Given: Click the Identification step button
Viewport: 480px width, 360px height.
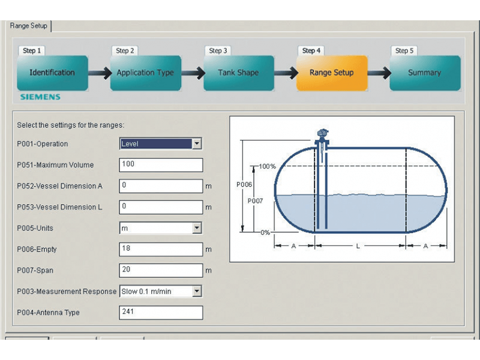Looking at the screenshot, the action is [x=52, y=73].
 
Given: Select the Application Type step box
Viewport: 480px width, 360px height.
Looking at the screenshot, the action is [x=145, y=73].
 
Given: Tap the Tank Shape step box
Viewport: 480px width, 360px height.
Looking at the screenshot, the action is [x=238, y=73].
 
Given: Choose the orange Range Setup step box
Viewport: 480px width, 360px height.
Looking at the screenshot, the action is [x=332, y=73].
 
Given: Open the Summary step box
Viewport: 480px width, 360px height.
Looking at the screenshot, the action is [x=425, y=73].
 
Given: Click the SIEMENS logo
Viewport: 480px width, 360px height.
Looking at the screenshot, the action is [x=40, y=97].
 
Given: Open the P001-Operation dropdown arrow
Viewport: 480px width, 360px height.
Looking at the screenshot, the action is [x=197, y=143].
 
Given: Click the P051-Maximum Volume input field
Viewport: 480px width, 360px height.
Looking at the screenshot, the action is [x=161, y=165].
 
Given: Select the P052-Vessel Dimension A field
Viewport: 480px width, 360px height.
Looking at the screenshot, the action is [x=161, y=186].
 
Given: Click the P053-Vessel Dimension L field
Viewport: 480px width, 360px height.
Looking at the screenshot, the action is [x=161, y=207].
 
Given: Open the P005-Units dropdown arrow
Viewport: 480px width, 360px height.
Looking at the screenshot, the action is [x=197, y=228].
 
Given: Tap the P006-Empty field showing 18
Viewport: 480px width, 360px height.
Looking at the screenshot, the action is [x=161, y=249].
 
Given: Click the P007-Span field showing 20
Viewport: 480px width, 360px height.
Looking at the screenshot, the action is [x=161, y=271].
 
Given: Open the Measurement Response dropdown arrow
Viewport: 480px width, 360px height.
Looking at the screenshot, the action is [x=197, y=291].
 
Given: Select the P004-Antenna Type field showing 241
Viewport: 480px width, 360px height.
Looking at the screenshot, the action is [x=161, y=313].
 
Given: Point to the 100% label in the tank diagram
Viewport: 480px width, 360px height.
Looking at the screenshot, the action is [x=267, y=167].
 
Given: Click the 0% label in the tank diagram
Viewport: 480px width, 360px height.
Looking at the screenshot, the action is [x=265, y=233].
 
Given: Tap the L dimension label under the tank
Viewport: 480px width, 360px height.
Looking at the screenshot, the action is [x=358, y=246].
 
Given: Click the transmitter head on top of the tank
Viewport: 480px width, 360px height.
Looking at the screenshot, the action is [x=323, y=133].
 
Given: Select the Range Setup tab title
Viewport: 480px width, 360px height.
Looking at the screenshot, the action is [x=28, y=26].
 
